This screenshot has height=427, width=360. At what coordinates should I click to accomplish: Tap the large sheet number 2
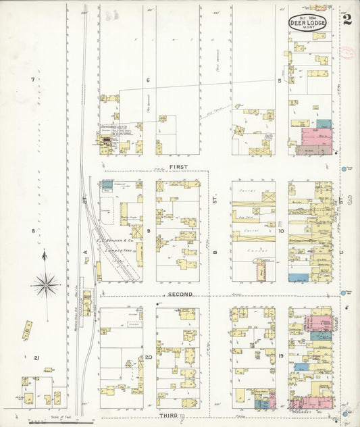[347, 18]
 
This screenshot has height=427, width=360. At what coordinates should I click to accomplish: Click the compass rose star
[45, 284]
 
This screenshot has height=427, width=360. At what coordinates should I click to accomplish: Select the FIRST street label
[179, 166]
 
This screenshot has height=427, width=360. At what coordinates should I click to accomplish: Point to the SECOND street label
[180, 295]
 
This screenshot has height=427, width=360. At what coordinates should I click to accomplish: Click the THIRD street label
[168, 414]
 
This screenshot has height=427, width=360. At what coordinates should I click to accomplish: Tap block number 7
[32, 80]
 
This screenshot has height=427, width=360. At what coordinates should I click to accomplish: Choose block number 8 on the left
[32, 231]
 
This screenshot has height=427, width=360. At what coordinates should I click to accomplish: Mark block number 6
[147, 80]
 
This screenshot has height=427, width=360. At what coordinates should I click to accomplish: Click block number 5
[279, 80]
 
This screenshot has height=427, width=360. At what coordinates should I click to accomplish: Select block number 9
[148, 231]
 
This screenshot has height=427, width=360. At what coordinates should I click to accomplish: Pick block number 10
[280, 231]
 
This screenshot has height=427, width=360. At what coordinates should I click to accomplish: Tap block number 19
[280, 355]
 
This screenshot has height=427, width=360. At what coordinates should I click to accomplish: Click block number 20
[148, 356]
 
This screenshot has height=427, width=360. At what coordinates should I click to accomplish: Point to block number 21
[38, 357]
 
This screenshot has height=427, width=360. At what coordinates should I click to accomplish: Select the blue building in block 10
[298, 278]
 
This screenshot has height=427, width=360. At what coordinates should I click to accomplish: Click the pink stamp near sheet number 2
[348, 53]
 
